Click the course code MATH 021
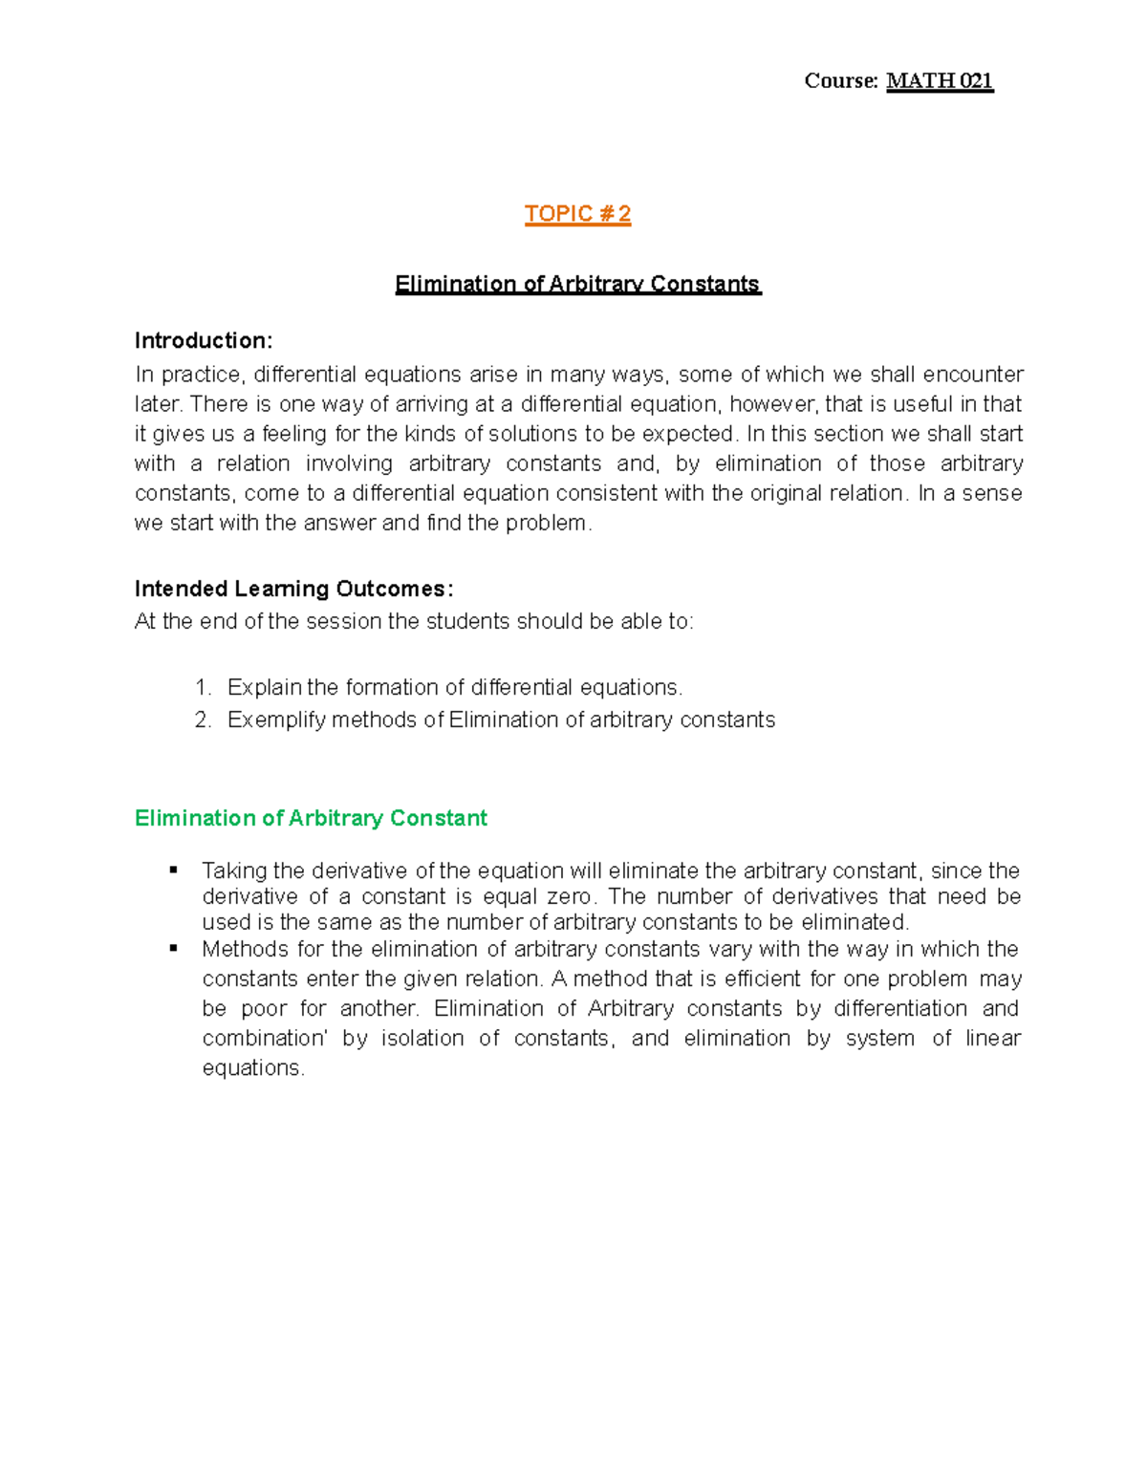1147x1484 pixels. pyautogui.click(x=940, y=81)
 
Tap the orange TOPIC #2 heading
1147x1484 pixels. pyautogui.click(x=577, y=214)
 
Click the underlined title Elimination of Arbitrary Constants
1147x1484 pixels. pyautogui.click(x=577, y=284)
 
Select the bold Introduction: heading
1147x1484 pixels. pyautogui.click(x=204, y=341)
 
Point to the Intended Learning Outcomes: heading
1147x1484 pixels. pyautogui.click(x=293, y=589)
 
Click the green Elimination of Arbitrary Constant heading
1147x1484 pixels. pyautogui.click(x=311, y=818)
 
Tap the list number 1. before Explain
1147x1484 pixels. pyautogui.click(x=203, y=688)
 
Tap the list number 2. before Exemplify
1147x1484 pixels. pyautogui.click(x=203, y=720)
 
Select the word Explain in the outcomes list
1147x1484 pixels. pyautogui.click(x=264, y=688)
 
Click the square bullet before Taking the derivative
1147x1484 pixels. pyautogui.click(x=174, y=870)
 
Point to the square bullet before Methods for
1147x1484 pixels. pyautogui.click(x=174, y=948)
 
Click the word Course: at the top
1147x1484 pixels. pyautogui.click(x=841, y=81)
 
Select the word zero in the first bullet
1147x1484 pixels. pyautogui.click(x=569, y=897)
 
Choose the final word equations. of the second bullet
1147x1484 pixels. pyautogui.click(x=253, y=1068)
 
